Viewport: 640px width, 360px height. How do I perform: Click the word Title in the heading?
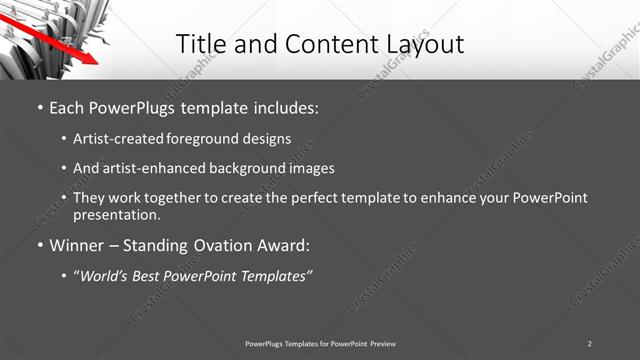[201, 44]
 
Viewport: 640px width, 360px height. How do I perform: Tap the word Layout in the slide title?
[423, 45]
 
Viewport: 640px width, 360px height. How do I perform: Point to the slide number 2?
[590, 343]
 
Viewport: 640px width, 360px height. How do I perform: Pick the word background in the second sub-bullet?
[233, 168]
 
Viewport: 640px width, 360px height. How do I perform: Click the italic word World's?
[107, 275]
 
